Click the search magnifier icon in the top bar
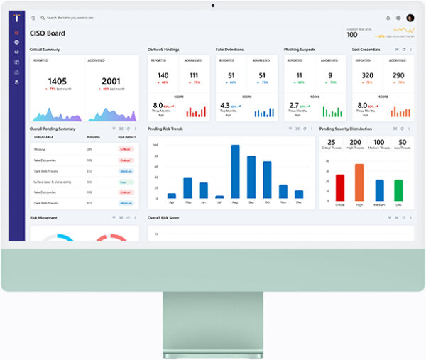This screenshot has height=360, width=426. coord(42,18)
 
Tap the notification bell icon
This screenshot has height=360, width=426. coord(388,18)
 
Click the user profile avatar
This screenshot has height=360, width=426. coord(410,18)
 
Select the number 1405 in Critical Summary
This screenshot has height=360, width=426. coord(57,82)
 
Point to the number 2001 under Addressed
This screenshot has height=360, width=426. coord(111,82)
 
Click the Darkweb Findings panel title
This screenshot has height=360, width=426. coord(163,50)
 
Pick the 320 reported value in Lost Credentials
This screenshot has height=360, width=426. coord(367,75)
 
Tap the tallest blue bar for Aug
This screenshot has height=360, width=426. coord(235,172)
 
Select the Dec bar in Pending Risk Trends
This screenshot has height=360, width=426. coord(299,194)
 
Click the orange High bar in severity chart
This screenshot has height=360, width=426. coord(359,182)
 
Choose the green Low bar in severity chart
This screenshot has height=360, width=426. coord(398,190)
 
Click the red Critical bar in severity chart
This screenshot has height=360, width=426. coord(339,187)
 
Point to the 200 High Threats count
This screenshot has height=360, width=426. coord(355,143)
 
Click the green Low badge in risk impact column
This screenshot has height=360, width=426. coord(126,182)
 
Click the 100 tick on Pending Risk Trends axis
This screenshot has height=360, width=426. coord(155,146)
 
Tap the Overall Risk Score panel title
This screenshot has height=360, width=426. coord(163,217)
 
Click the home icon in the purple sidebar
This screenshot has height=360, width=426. coord(16,32)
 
